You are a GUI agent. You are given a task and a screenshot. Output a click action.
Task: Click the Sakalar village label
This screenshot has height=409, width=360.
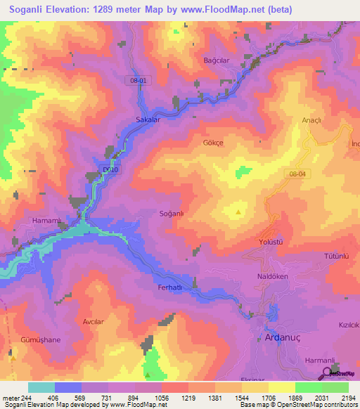(148, 120)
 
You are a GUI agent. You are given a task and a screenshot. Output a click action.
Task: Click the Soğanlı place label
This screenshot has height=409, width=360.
(172, 213)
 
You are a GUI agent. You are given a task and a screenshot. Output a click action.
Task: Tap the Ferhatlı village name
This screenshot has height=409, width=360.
(169, 287)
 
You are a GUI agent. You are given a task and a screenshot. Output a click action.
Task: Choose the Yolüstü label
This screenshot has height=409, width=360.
(271, 242)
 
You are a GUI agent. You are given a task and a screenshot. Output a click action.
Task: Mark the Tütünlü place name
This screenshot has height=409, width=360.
(337, 257)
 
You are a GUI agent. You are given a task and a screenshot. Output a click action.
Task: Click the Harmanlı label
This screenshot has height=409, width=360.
(319, 360)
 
